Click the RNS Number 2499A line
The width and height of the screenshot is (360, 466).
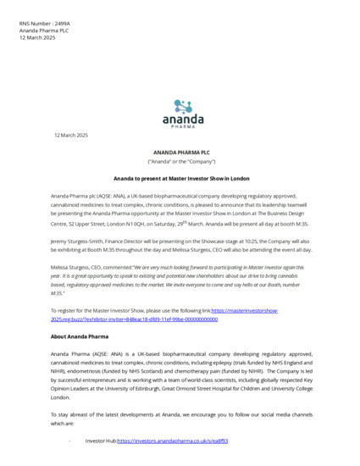41,24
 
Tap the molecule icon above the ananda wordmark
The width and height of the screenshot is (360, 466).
184,106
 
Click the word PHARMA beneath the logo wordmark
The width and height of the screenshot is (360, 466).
183,129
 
